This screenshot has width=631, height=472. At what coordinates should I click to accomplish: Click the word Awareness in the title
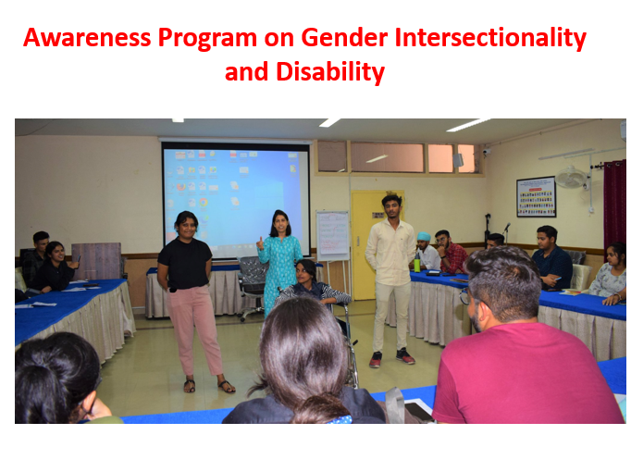[87, 38]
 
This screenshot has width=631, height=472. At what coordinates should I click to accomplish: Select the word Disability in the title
[330, 72]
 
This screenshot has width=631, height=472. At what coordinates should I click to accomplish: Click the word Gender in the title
[344, 38]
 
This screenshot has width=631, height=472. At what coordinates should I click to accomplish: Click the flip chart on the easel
[332, 236]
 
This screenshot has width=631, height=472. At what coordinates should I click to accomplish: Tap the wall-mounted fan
[571, 177]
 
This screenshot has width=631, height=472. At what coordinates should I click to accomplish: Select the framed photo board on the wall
[536, 197]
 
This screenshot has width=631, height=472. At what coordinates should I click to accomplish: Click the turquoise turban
[424, 237]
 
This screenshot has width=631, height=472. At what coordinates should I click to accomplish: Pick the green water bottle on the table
[417, 263]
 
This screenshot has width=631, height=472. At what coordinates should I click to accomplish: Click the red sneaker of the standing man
[375, 359]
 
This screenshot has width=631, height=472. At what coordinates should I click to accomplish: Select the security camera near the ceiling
[487, 152]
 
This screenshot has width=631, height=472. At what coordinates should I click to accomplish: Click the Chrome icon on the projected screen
[204, 202]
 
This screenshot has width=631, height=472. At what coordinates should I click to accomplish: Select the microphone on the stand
[507, 227]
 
